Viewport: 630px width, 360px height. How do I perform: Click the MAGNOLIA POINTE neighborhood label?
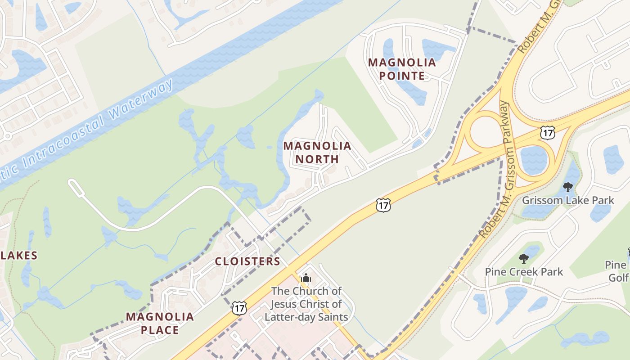tap(402, 69)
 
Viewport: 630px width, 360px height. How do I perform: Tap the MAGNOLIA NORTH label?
tap(317, 152)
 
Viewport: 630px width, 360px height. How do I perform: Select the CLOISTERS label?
tap(247, 261)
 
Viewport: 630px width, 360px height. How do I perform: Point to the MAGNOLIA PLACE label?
tap(160, 323)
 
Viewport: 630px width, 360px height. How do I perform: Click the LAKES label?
tap(19, 256)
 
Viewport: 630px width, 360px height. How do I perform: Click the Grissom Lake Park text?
tap(568, 200)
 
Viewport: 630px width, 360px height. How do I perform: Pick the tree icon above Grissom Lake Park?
tap(568, 187)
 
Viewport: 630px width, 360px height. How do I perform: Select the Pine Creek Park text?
tap(524, 272)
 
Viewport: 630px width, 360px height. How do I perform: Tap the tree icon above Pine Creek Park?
tap(523, 258)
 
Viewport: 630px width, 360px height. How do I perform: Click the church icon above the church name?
tap(306, 278)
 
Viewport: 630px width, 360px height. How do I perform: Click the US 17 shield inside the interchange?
tap(547, 132)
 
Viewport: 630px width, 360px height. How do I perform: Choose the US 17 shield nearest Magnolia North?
tap(382, 206)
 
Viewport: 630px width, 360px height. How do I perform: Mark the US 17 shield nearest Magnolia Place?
tap(239, 308)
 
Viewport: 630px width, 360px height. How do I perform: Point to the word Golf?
tap(618, 278)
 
